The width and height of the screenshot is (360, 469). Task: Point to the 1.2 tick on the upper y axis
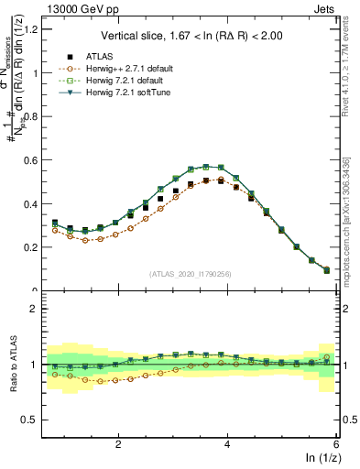click(32, 29)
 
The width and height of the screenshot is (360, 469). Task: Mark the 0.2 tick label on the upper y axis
click(32, 247)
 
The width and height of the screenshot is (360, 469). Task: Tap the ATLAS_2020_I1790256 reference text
click(191, 274)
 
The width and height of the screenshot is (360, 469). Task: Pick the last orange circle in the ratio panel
click(327, 357)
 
